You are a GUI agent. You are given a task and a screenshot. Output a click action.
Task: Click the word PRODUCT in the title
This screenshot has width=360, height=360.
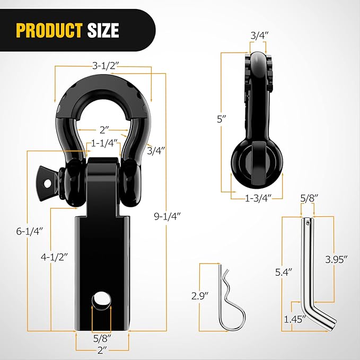(x=48, y=30)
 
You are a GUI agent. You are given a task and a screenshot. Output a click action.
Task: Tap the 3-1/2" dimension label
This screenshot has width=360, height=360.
(x=103, y=66)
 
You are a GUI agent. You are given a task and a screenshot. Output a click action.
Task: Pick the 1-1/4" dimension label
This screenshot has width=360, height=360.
(x=104, y=143)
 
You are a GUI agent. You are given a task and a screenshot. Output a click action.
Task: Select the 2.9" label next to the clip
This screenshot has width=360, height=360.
(x=201, y=295)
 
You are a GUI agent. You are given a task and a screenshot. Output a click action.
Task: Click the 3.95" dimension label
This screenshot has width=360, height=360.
(x=337, y=259)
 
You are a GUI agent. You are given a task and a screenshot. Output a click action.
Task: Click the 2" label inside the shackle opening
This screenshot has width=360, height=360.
(x=104, y=129)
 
